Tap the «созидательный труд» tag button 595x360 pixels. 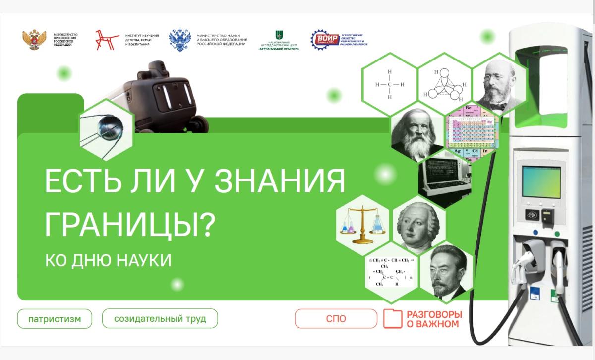coord(160,318)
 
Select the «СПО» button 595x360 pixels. coord(336,319)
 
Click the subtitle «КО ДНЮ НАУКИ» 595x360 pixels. coord(108,260)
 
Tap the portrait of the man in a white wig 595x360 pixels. coord(418,226)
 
